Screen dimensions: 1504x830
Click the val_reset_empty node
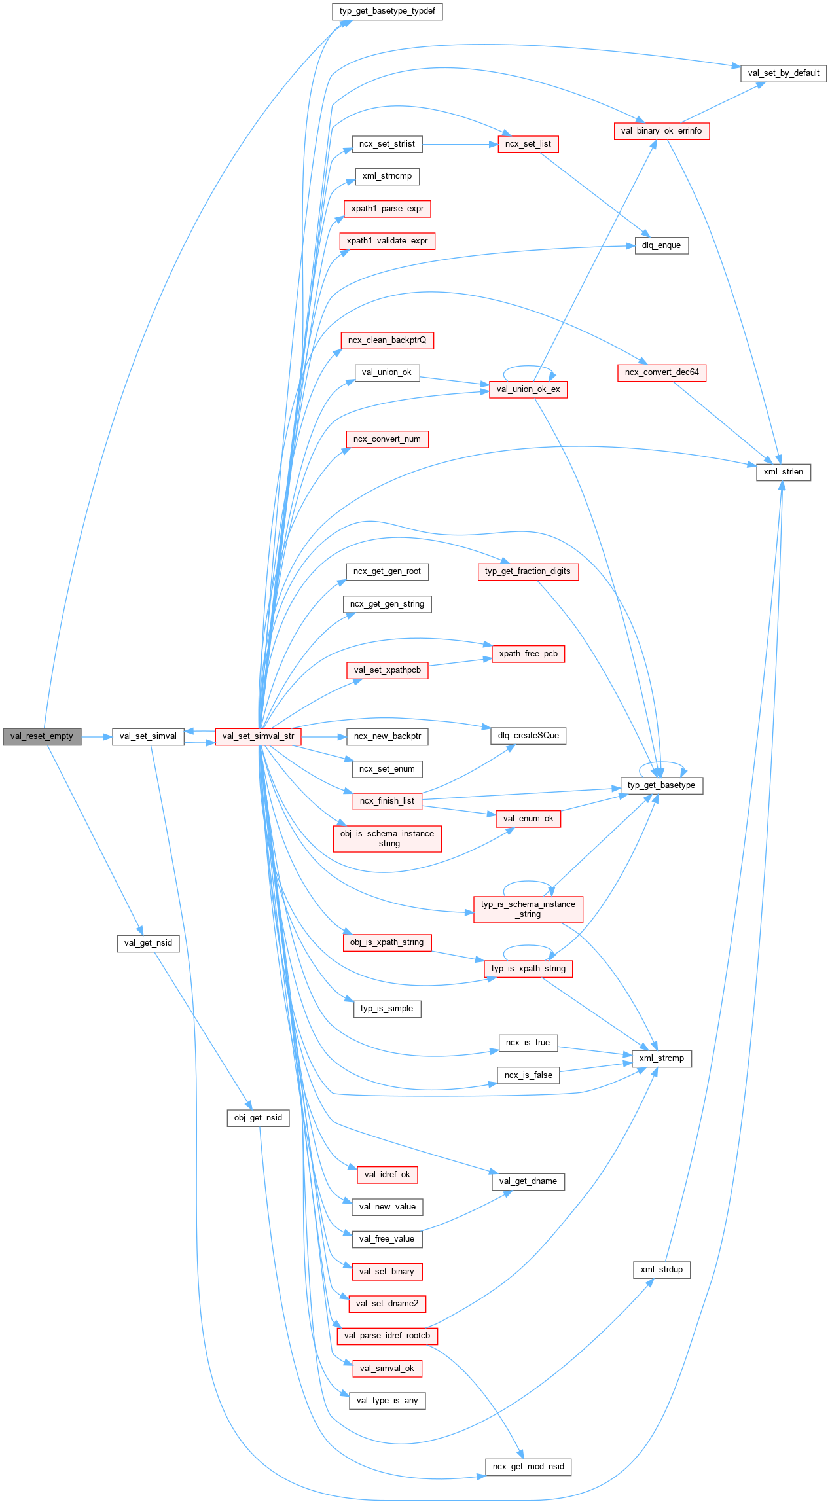[42, 736]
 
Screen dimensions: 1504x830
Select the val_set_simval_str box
[258, 736]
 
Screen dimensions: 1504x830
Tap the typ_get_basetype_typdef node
[387, 11]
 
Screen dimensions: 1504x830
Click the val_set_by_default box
[784, 73]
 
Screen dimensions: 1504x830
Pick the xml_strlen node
[783, 472]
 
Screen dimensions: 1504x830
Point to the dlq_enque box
[661, 245]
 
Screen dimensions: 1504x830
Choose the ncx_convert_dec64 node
[661, 372]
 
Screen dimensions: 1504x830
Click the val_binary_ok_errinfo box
[661, 131]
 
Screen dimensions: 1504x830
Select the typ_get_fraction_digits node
[528, 571]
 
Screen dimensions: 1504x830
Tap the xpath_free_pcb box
[528, 654]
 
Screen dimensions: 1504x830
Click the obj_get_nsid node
[258, 1118]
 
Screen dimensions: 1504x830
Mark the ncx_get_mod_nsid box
[528, 1467]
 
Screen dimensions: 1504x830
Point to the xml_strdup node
[661, 1270]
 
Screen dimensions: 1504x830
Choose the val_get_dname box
[528, 1181]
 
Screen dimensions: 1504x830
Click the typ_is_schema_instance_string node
[528, 909]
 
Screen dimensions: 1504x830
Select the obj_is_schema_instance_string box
[387, 838]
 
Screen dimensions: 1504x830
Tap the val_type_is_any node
[387, 1401]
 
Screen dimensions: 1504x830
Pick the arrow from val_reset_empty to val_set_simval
[97, 736]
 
